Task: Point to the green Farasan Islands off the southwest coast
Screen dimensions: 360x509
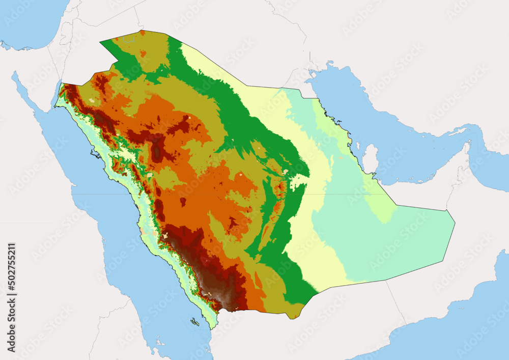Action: (x=195, y=322)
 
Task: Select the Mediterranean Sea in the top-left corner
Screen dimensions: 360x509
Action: (x=25, y=20)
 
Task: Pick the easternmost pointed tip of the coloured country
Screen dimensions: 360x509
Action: (x=455, y=223)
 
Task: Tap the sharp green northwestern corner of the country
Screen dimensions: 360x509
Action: (x=100, y=41)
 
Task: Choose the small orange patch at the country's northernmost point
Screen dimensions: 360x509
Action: (x=142, y=33)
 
